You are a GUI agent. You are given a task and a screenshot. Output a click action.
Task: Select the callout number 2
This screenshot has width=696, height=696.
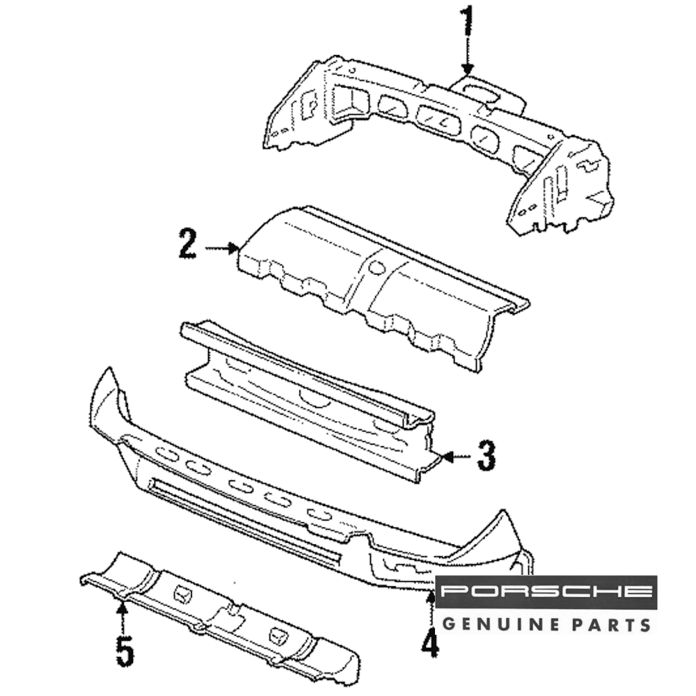point(187,246)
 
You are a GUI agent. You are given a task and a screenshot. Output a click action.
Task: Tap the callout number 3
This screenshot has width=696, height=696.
point(485,457)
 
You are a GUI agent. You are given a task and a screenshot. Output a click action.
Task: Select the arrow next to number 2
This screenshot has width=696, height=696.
point(223,247)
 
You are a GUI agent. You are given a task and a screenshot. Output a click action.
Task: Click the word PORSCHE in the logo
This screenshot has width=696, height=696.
point(547,592)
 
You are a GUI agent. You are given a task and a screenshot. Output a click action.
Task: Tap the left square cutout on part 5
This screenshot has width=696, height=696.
point(182,595)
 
